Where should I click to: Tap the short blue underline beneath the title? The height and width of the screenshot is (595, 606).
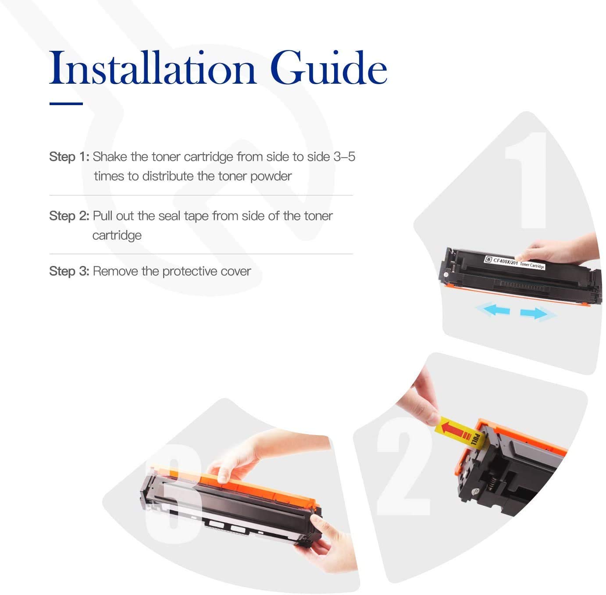(66, 104)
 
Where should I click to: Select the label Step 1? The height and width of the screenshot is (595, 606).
(69, 157)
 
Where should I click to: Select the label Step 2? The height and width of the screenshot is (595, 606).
(69, 216)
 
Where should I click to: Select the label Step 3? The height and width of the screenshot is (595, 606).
(69, 271)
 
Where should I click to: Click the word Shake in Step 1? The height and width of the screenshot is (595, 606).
(110, 157)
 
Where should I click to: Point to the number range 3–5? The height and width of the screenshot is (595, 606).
(344, 157)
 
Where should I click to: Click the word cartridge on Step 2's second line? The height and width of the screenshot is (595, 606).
(117, 235)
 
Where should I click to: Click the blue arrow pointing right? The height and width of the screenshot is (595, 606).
(534, 313)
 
